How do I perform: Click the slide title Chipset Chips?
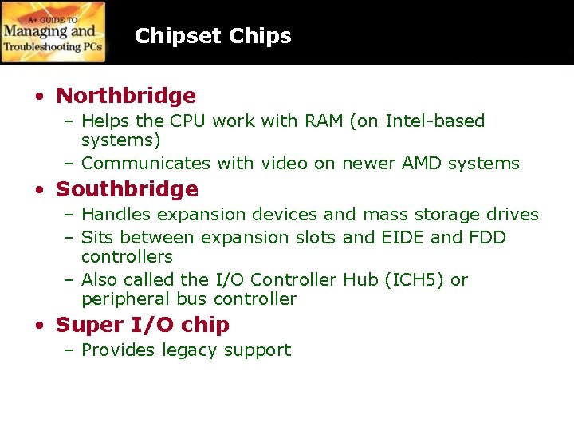(x=213, y=36)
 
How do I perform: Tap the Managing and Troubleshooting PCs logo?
(x=53, y=32)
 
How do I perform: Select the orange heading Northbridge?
(x=126, y=96)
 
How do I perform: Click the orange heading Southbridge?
(x=127, y=189)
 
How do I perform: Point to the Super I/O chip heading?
(x=143, y=325)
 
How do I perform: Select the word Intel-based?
(x=434, y=121)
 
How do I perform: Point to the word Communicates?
(x=146, y=164)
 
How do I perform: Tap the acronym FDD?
(x=488, y=238)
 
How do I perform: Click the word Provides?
(x=119, y=350)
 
